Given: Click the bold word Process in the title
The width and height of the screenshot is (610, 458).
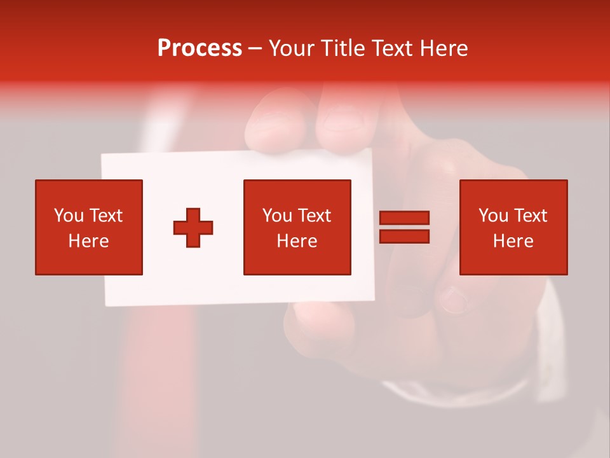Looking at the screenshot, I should (200, 48).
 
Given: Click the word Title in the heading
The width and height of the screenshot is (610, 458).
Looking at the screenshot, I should (342, 48).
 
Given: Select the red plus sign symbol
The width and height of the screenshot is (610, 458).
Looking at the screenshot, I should (193, 227).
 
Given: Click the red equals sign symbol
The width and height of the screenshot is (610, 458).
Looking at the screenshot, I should (404, 227).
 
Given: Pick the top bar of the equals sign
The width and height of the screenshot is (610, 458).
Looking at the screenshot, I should (404, 218).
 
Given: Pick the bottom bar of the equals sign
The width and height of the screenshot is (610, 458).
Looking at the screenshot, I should (404, 237).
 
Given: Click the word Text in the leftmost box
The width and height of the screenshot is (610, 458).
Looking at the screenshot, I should (105, 216).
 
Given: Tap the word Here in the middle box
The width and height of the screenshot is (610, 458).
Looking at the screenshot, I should (297, 241).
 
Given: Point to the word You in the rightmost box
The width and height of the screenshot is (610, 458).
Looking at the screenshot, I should (493, 216).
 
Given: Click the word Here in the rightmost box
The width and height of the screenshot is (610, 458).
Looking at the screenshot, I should (513, 241).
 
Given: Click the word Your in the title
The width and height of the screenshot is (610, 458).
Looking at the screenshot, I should (292, 48).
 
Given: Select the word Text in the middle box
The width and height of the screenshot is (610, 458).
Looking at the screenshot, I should (314, 216).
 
